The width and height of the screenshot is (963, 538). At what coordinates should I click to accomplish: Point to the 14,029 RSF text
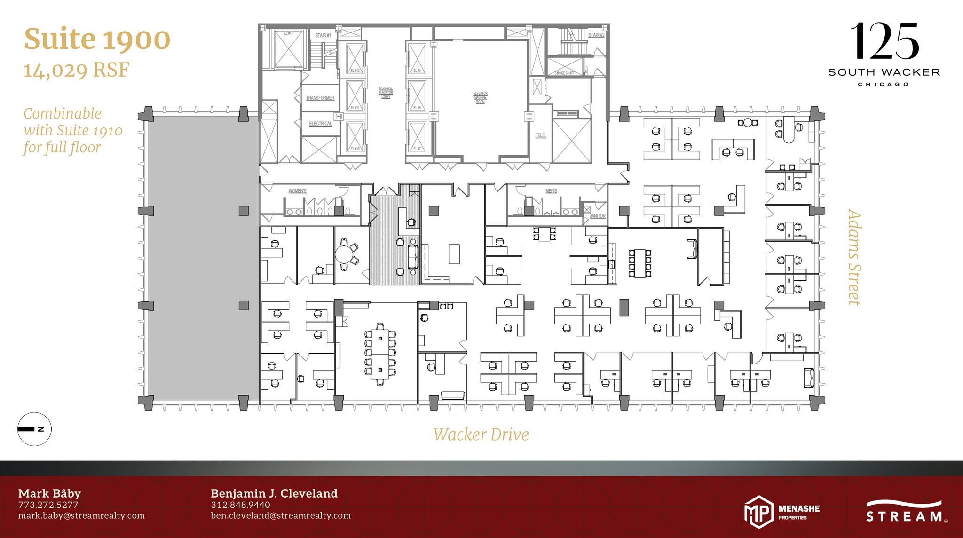77,70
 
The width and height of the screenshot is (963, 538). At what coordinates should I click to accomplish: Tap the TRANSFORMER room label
320,98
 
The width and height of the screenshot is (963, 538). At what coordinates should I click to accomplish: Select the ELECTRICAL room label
320,124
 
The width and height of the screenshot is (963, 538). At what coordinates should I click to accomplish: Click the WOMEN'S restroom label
297,191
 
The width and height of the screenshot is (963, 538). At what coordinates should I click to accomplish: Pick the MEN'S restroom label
551,191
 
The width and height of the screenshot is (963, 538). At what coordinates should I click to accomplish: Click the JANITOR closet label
598,216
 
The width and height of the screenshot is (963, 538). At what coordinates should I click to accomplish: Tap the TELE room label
540,135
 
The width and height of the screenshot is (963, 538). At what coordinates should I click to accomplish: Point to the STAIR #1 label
323,35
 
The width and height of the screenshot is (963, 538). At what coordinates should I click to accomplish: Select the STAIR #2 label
596,35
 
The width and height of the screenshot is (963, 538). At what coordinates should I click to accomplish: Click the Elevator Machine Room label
480,97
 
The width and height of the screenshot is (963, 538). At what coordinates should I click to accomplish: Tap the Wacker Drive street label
481,435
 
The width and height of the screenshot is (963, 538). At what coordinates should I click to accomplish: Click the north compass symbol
34,429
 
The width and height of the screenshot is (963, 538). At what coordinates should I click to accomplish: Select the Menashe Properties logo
781,512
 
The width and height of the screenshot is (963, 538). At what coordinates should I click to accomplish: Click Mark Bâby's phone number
48,505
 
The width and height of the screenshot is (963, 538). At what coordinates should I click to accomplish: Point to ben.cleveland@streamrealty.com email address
281,515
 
